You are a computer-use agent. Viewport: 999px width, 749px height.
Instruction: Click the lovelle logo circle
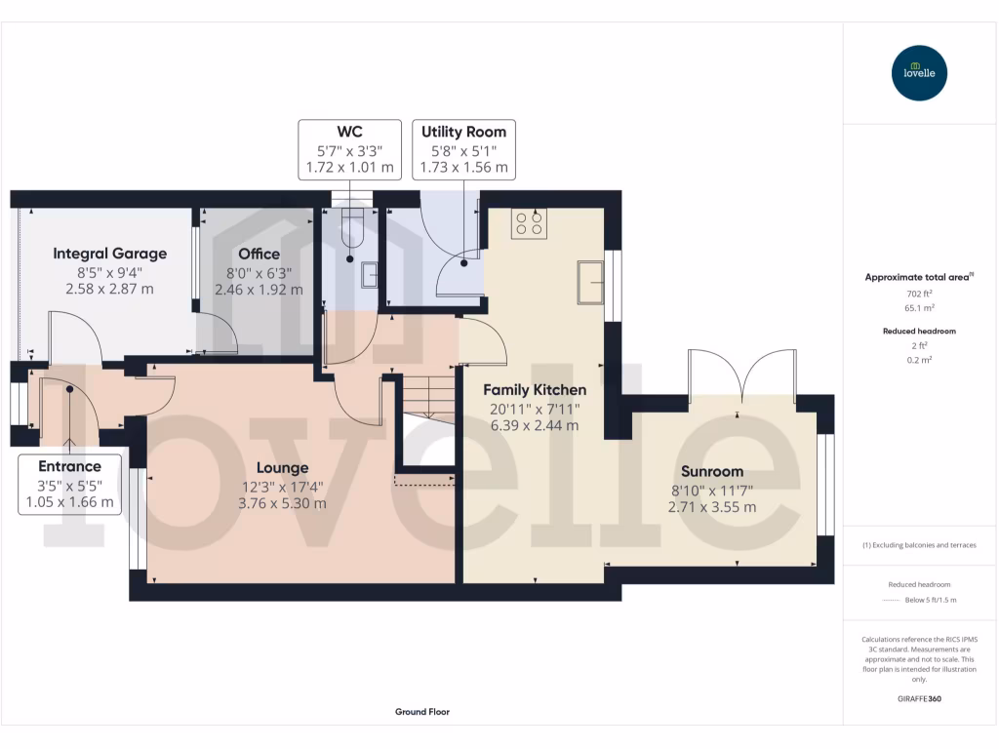[x=919, y=73]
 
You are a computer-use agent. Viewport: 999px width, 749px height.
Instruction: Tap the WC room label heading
[x=349, y=132]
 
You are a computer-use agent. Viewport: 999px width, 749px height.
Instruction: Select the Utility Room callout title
[x=463, y=132]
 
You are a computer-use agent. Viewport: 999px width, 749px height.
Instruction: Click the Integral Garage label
[x=109, y=254]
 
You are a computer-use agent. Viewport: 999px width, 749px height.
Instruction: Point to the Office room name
[x=259, y=254]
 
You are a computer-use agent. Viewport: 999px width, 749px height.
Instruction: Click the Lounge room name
[x=283, y=468]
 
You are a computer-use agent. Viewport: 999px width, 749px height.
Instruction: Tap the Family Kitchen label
[x=535, y=390]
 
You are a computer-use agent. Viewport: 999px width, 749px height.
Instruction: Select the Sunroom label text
[x=712, y=471]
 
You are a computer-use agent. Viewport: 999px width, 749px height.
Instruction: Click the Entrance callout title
[x=69, y=466]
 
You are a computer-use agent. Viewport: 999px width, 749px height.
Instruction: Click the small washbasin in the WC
[x=370, y=276]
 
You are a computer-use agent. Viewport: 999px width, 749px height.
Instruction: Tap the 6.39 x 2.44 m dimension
[x=535, y=425]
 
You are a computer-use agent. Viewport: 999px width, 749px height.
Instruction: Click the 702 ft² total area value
[x=918, y=293]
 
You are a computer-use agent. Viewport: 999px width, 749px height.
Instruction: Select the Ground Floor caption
[x=422, y=712]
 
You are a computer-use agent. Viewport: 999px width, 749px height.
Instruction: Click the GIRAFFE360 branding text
[x=918, y=699]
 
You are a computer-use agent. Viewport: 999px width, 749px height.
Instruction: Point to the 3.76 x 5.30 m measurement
[x=283, y=503]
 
